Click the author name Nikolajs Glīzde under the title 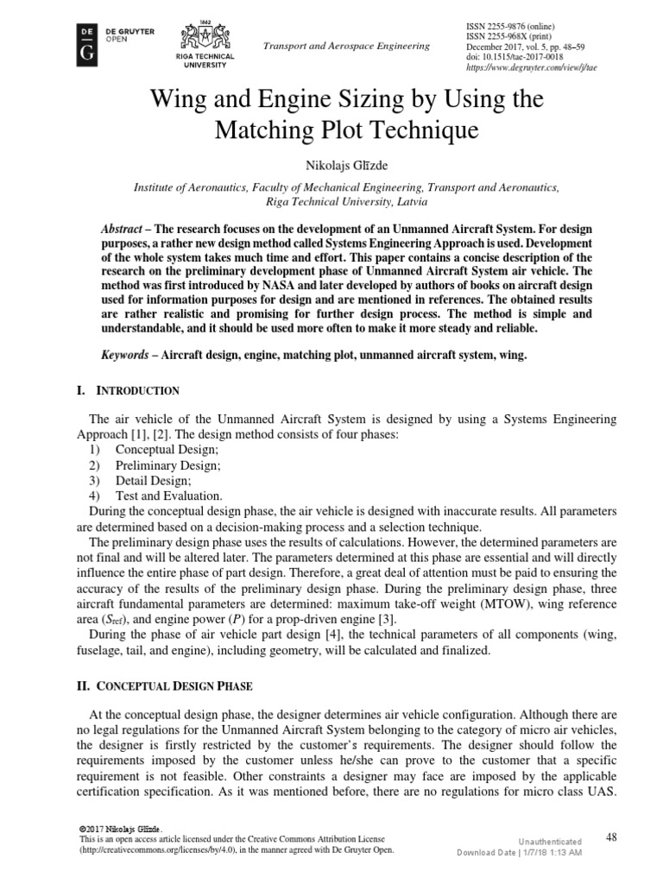(x=331, y=165)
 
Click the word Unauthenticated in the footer (x=550, y=841)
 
